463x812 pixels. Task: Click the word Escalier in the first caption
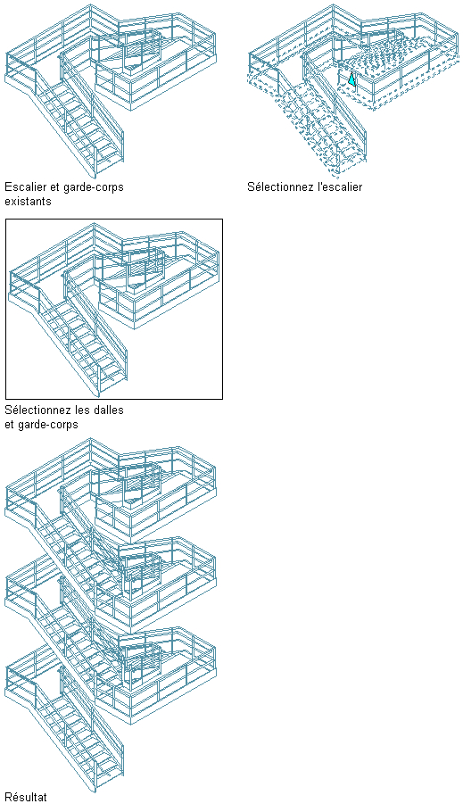[x=24, y=187]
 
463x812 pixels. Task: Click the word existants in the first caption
[x=28, y=201]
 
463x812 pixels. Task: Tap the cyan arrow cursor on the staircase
[x=352, y=79]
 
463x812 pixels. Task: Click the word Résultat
[x=26, y=797]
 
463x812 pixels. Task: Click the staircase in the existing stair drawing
[x=80, y=124]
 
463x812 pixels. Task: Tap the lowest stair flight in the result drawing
[x=80, y=735]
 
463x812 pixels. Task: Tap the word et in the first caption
[x=54, y=187]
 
